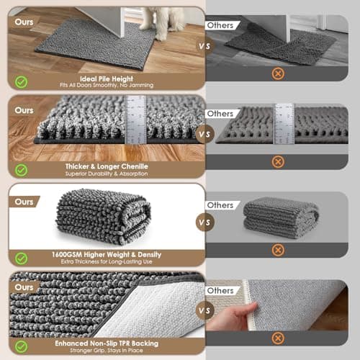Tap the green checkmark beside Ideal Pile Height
pyautogui.click(x=22, y=82)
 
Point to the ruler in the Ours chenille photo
pyautogui.click(x=136, y=119)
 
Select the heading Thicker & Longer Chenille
pyautogui.click(x=107, y=166)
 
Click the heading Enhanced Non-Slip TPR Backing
pyautogui.click(x=107, y=342)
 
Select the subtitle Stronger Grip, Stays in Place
pyautogui.click(x=107, y=351)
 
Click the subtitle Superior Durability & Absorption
pyautogui.click(x=107, y=174)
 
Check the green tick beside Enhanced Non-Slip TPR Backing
pyautogui.click(x=22, y=346)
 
